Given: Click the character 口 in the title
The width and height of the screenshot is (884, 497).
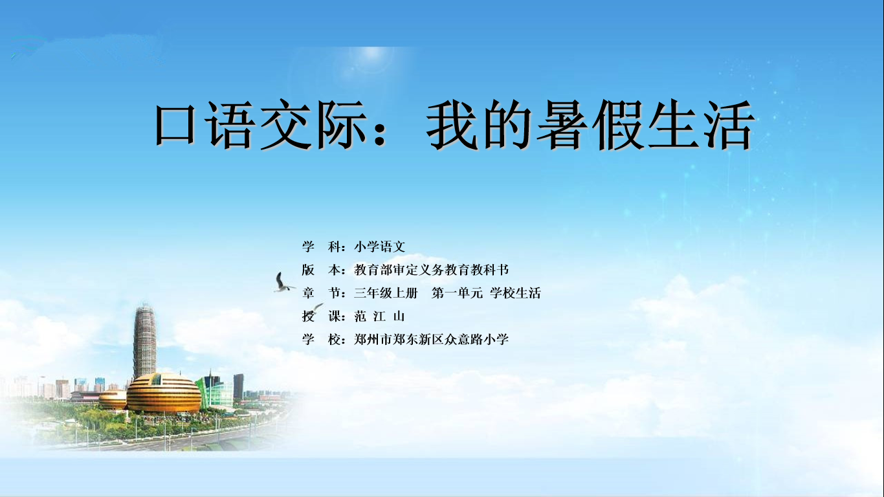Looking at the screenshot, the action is point(175,125).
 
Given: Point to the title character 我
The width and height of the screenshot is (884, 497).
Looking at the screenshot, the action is point(452,125).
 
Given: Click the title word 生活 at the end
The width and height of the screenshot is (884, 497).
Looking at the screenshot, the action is point(701,125).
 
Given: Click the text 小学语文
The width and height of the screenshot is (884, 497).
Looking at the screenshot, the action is point(380,247).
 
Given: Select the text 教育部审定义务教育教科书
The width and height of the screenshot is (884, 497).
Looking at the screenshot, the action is point(432,270).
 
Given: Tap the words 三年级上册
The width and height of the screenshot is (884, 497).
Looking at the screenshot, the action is point(386,293).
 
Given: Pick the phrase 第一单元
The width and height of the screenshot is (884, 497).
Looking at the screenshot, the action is point(457,293).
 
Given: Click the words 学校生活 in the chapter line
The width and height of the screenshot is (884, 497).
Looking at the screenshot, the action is point(515,293).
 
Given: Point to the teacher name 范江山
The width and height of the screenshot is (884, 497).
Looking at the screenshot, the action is point(379,316).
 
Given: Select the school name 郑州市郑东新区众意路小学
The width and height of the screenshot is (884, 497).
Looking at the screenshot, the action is point(432,339).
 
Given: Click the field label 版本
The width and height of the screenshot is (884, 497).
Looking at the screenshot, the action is point(321,270).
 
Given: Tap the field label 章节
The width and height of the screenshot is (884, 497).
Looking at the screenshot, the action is point(321,293).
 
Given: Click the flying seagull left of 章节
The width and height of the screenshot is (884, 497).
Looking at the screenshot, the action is point(283,283).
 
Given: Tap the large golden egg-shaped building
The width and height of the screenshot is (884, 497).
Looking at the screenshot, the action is point(164,393).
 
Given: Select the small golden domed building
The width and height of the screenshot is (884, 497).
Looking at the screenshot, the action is point(113,399).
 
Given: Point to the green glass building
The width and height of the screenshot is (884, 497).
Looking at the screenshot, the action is point(215,390).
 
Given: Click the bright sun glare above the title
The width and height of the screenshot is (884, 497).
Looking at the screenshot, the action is point(371,60).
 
